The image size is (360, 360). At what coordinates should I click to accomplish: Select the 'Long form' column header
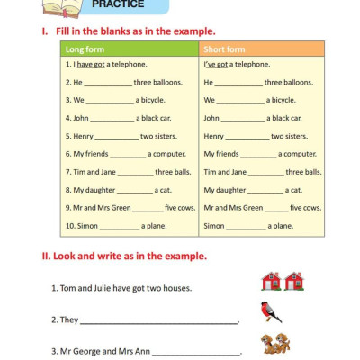pyautogui.click(x=85, y=49)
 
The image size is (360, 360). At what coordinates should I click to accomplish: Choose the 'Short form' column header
pyautogui.click(x=224, y=49)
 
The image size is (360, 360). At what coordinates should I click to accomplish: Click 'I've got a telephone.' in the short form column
pyautogui.click(x=237, y=65)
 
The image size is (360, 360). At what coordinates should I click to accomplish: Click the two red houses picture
pyautogui.click(x=283, y=282)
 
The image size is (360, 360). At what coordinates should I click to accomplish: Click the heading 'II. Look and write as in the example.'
pyautogui.click(x=125, y=256)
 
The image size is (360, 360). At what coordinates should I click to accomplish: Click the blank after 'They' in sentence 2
pyautogui.click(x=158, y=320)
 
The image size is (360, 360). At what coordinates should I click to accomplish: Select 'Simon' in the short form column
pyautogui.click(x=214, y=226)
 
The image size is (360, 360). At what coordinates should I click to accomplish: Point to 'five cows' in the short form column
pyautogui.click(x=306, y=208)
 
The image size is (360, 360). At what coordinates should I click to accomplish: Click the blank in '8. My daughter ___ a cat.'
pyautogui.click(x=135, y=191)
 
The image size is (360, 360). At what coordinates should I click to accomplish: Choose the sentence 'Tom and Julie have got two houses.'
pyautogui.click(x=121, y=289)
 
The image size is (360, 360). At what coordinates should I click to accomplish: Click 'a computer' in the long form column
pyautogui.click(x=166, y=154)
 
